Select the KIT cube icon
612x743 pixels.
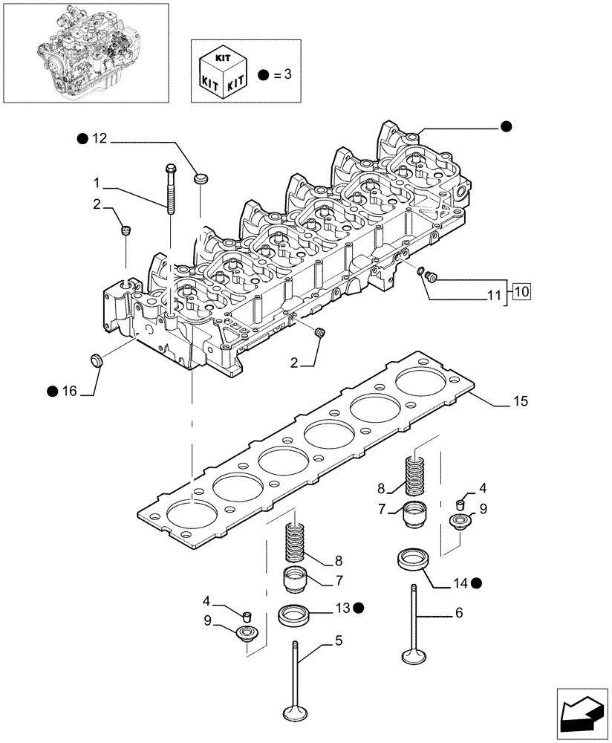tap(221, 71)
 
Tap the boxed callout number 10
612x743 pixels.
tap(521, 291)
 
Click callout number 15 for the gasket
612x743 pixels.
tap(520, 402)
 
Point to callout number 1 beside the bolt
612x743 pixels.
tap(97, 182)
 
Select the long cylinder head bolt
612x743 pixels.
tap(171, 193)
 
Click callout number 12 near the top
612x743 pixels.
tap(100, 138)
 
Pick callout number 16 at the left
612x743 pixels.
tap(69, 391)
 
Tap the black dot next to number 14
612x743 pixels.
tap(476, 583)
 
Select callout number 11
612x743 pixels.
tap(494, 295)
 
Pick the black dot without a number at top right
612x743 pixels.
tap(506, 126)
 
